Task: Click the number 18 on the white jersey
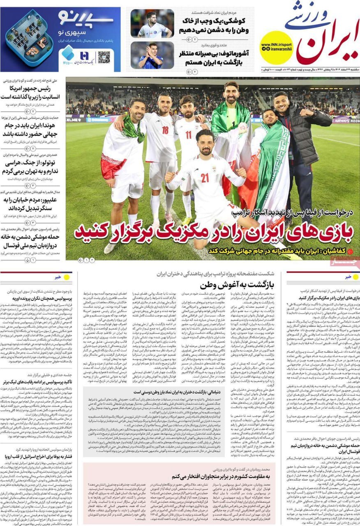165,130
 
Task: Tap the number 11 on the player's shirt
188,135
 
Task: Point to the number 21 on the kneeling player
205,178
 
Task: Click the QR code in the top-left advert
104,58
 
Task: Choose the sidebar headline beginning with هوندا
31,130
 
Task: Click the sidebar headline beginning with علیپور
31,204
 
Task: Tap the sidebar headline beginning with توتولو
31,167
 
